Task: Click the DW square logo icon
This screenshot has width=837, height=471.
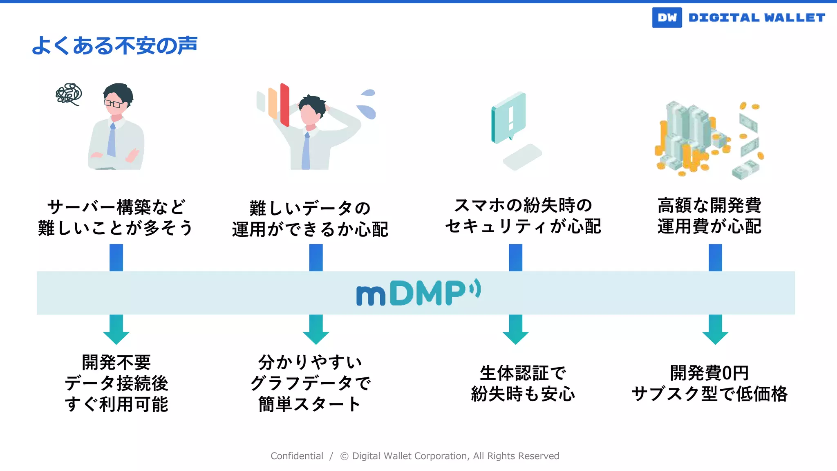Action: pos(667,18)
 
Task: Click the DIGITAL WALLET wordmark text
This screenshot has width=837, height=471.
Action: pos(756,18)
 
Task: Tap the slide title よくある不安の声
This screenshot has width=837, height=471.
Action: pos(114,45)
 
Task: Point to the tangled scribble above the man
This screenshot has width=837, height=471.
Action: pos(69,94)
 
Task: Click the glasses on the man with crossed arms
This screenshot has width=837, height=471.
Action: pos(112,103)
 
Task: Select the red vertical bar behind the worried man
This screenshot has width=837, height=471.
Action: pos(285,105)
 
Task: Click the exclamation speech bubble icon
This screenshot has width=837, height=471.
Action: pos(509,117)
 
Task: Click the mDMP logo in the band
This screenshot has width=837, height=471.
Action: pos(418,293)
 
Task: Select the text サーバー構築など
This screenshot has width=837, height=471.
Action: pos(116,207)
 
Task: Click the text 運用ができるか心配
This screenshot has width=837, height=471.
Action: pos(310,229)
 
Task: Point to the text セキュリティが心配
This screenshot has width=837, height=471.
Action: pos(523,227)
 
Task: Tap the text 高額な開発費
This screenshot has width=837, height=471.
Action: pos(709,205)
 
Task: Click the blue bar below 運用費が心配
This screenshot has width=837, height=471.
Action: pos(715,258)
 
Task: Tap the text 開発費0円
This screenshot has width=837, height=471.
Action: pos(709,373)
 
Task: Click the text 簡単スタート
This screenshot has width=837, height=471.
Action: pos(310,404)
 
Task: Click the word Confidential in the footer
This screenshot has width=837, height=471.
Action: pos(297,456)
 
